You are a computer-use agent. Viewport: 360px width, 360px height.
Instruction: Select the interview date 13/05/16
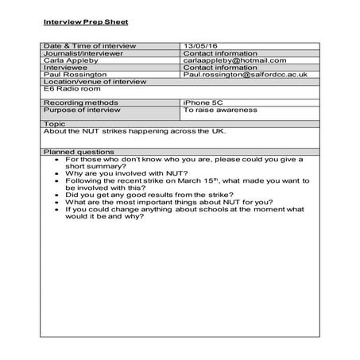click(196, 45)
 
